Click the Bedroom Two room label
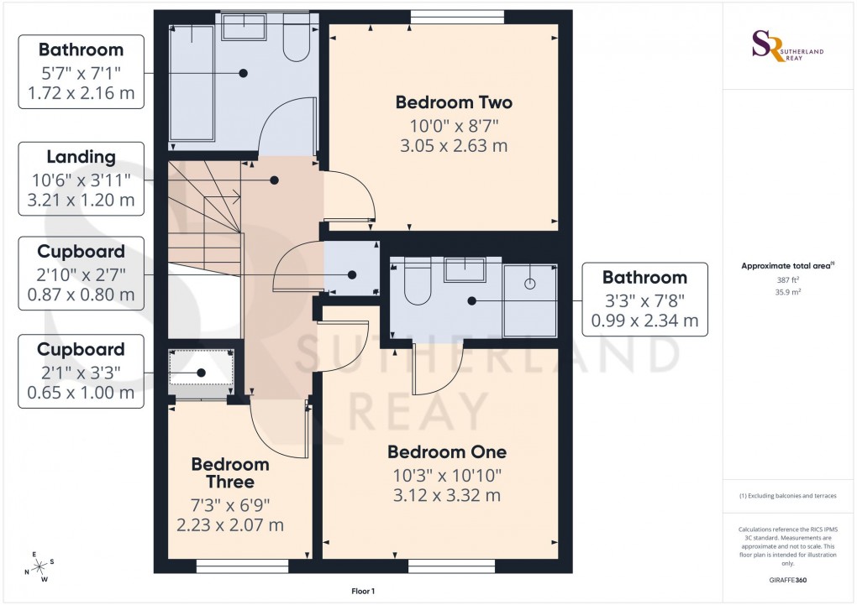click(454, 103)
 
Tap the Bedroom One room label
click(446, 452)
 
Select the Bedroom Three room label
click(229, 473)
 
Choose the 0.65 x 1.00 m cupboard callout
click(81, 371)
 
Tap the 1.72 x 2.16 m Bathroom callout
click(81, 71)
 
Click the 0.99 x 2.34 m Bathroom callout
click(644, 299)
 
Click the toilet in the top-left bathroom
click(297, 42)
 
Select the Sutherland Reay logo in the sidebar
click(786, 47)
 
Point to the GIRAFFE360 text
click(787, 580)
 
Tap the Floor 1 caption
click(363, 592)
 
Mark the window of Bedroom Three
click(241, 567)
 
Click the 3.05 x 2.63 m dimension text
click(454, 146)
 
